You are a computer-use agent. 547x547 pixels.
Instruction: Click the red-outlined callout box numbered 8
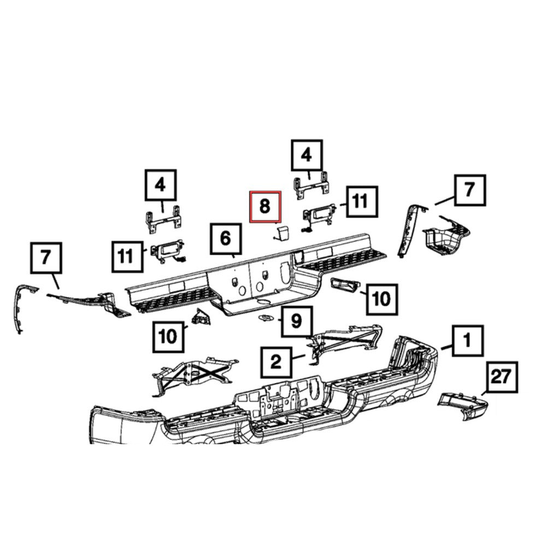point(265,207)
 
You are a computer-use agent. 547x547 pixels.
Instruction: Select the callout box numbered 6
point(226,238)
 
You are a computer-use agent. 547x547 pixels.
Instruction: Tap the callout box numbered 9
point(296,321)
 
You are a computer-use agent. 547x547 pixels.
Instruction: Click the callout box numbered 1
point(467,341)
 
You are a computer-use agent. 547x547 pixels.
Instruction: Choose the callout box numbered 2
point(276,361)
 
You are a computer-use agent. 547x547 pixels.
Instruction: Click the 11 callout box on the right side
point(360,202)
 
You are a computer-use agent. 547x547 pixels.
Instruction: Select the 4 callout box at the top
point(307,155)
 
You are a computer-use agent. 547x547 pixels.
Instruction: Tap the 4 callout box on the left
point(160,185)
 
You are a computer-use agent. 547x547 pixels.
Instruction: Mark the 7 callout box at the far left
point(45,260)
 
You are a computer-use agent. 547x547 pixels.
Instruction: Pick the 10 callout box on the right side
point(381,298)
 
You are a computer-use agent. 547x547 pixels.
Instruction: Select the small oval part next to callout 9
point(266,319)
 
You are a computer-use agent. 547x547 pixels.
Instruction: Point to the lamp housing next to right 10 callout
point(344,285)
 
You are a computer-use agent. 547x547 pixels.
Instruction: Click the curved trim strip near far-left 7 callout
point(19,306)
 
